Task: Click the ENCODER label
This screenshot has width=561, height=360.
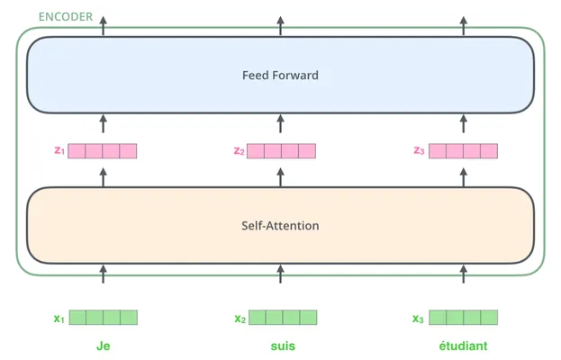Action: [66, 17]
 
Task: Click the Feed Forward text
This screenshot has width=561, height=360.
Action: [280, 75]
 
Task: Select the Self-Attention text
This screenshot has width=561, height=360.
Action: [280, 226]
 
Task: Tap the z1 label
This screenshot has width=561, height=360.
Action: [59, 150]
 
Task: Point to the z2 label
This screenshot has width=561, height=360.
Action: [239, 151]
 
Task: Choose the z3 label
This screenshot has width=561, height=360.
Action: [419, 150]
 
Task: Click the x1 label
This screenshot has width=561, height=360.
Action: [59, 319]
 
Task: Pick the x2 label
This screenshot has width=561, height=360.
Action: [240, 319]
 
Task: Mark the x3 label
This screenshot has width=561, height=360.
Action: [418, 319]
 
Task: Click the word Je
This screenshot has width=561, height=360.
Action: [103, 346]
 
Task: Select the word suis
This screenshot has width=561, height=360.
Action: [283, 346]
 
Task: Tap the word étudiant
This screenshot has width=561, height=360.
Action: [463, 346]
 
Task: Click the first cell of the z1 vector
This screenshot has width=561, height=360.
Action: [77, 151]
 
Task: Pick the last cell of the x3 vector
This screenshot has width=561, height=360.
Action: [489, 318]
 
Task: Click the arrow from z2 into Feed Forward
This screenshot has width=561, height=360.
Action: [281, 123]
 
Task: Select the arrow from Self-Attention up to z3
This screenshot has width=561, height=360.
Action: [464, 177]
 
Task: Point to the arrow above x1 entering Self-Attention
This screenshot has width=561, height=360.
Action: [103, 274]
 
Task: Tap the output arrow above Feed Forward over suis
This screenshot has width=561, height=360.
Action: [281, 26]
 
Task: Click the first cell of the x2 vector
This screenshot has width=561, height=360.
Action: [258, 318]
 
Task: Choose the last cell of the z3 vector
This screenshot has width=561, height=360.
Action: [489, 151]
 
